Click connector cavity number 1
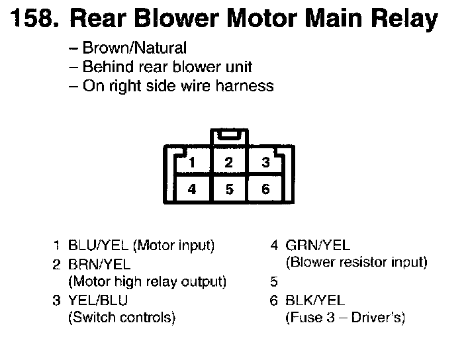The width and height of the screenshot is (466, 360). pyautogui.click(x=191, y=162)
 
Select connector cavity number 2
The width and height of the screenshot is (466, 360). pyautogui.click(x=228, y=162)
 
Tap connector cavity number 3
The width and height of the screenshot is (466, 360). pyautogui.click(x=265, y=162)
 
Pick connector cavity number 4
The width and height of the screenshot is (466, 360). pyautogui.click(x=191, y=189)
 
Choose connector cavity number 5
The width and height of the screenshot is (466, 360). pyautogui.click(x=228, y=189)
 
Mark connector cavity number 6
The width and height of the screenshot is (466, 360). pyautogui.click(x=265, y=189)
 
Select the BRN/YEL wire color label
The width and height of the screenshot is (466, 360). pyautogui.click(x=99, y=265)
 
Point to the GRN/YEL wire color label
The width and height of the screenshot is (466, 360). pyautogui.click(x=318, y=246)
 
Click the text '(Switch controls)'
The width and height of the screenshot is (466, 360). pyautogui.click(x=122, y=318)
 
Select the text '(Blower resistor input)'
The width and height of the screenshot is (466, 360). pyautogui.click(x=356, y=263)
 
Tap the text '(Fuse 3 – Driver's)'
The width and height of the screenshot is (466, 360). pyautogui.click(x=345, y=318)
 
